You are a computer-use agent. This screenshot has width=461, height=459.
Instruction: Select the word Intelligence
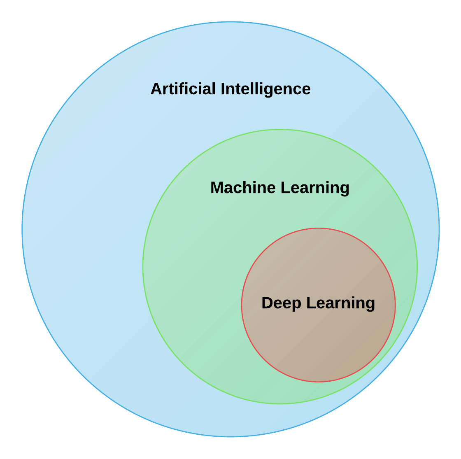[265, 89]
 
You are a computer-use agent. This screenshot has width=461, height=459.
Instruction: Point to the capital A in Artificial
[156, 89]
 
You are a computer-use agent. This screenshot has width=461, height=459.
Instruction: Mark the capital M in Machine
[217, 188]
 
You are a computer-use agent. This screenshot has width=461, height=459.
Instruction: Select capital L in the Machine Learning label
[284, 188]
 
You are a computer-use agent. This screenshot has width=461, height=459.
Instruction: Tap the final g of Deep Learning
[370, 305]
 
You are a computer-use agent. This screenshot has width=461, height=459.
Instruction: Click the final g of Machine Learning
[344, 190]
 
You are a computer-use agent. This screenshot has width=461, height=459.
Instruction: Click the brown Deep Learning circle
[318, 342]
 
